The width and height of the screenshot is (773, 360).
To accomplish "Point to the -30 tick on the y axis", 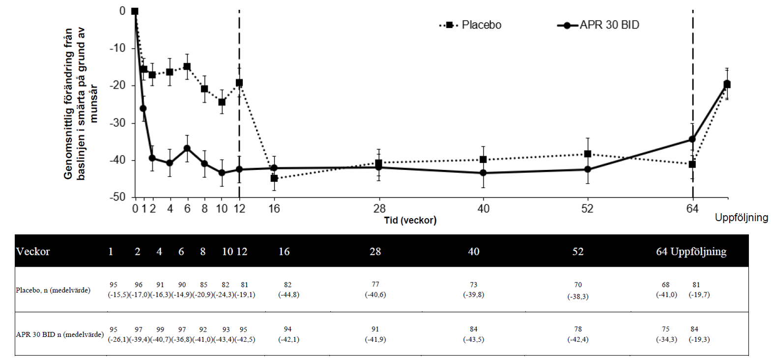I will tap(117, 123).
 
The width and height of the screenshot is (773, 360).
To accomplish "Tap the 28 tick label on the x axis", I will tap(379, 209).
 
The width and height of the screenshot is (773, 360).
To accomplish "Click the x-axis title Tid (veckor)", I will tap(410, 221).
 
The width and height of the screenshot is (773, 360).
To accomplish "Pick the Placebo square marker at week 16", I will tap(274, 178).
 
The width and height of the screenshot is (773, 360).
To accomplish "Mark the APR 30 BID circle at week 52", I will tap(587, 169).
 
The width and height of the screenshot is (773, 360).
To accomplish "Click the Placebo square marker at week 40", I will tap(483, 160).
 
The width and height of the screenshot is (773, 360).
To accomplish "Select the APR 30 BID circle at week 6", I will tap(187, 148).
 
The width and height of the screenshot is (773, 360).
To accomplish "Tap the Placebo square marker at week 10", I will tap(222, 102).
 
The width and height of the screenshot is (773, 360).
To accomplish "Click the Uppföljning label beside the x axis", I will tap(741, 218).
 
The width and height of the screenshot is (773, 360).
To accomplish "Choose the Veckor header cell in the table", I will tap(33, 252).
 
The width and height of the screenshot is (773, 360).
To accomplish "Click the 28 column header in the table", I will tap(375, 252).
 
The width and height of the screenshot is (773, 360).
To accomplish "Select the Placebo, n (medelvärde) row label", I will tap(53, 290).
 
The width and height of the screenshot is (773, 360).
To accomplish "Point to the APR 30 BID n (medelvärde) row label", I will tap(59, 334).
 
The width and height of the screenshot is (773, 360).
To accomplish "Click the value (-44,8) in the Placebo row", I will tap(288, 295).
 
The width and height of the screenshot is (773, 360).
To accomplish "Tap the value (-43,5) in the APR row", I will tap(473, 339).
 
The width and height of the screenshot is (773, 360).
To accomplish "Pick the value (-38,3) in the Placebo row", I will tap(578, 297).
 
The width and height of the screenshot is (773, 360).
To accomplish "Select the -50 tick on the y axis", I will tap(117, 197).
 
